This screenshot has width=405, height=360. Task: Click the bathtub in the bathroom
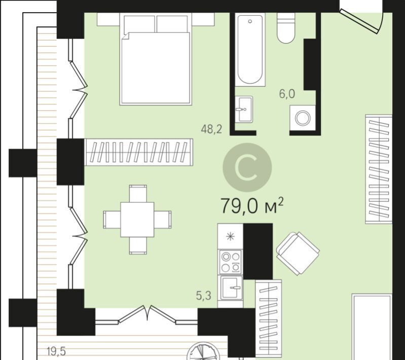click(x=250, y=49)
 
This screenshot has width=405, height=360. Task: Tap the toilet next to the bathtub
click(x=286, y=28)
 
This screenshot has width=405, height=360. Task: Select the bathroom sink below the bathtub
click(x=244, y=109)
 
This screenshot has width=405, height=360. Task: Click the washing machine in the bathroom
click(x=303, y=118)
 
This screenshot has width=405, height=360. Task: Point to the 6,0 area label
click(x=287, y=94)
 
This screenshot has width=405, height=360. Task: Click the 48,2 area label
click(x=211, y=129)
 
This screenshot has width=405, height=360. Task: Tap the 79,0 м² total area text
click(x=252, y=205)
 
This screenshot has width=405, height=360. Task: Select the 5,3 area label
click(x=204, y=296)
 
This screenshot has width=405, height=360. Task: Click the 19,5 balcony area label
click(x=56, y=351)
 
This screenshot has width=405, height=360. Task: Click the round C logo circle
click(x=247, y=167)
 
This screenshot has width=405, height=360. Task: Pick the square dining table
click(x=137, y=220)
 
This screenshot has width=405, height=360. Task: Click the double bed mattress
click(x=156, y=68)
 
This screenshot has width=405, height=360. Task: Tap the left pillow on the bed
click(x=139, y=24)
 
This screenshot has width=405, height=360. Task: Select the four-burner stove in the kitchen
click(x=231, y=262)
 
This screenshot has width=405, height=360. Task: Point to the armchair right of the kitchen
click(x=298, y=253)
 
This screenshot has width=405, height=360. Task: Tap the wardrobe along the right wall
click(x=379, y=169)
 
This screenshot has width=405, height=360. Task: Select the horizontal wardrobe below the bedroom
click(x=139, y=152)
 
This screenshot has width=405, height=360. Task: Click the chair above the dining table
click(x=138, y=194)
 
